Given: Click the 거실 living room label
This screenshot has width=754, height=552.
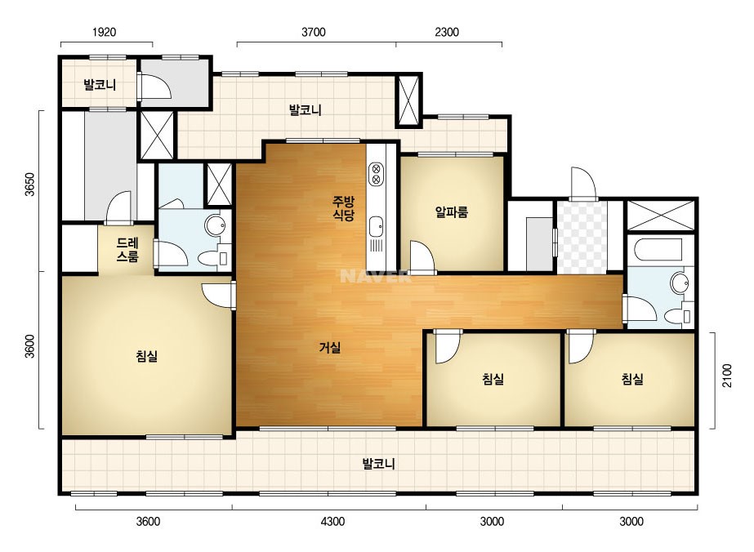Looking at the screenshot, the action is coord(330,347).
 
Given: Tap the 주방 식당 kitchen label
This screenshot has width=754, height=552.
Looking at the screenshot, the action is coord(344,207).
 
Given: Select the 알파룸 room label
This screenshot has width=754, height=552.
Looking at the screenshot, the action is coord(452,211).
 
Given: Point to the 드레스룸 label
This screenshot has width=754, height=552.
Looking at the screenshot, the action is coord(127,249).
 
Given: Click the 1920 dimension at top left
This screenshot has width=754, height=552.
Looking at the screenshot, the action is coord(104,32).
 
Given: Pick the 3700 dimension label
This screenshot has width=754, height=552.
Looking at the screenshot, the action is coord(314,32).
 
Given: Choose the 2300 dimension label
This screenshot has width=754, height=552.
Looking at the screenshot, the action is coord(447,32).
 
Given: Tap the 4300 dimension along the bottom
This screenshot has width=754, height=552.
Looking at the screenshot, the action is coord(332,521).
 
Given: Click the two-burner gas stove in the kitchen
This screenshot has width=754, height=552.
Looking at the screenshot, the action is coord(376,174).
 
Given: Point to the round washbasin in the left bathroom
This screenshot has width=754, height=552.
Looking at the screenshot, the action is coord(215,225).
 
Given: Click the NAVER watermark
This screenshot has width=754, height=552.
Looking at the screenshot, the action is coord(375,276).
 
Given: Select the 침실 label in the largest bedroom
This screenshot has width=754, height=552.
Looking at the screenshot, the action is coord(147,356).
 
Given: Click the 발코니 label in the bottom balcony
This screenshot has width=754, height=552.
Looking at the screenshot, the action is coord(378,464).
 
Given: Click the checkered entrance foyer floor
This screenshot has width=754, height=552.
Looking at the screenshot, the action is coord(582,238).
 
